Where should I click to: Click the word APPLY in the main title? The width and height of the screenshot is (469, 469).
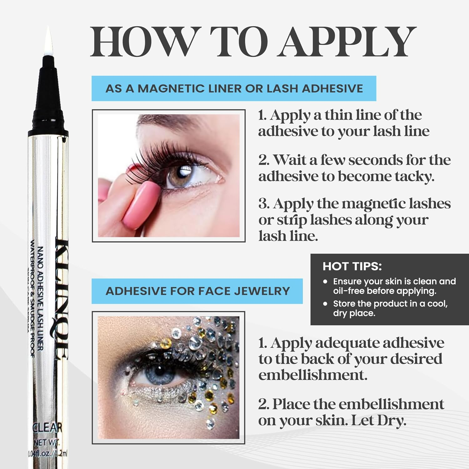[x=347, y=42]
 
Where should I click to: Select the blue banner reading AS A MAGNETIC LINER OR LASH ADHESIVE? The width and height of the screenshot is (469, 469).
[x=234, y=88]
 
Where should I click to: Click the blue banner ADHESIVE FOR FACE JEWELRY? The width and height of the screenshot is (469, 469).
[x=197, y=291]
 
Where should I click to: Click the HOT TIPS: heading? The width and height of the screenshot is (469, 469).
[x=352, y=266]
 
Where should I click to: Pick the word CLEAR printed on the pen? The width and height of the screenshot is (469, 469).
[x=48, y=427]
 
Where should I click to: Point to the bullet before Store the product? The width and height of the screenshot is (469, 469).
[x=325, y=304]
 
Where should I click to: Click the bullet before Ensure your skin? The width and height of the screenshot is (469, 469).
[x=325, y=281]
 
